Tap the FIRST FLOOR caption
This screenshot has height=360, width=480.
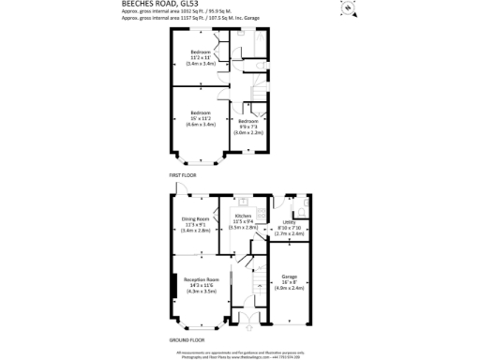182,175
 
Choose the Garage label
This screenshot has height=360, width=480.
290,282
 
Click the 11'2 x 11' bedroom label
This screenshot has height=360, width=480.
201,57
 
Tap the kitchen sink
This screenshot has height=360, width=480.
244,202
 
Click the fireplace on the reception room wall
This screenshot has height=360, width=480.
174,284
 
